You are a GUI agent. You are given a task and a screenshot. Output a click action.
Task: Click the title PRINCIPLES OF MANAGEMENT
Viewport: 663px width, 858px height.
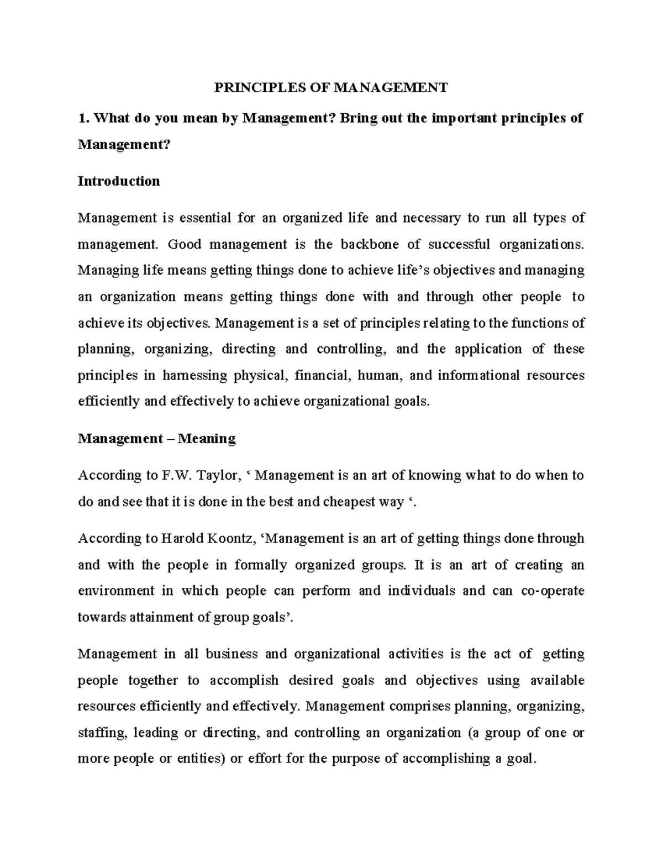point(330,87)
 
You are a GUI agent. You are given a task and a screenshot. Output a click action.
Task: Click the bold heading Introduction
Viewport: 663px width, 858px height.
point(119,181)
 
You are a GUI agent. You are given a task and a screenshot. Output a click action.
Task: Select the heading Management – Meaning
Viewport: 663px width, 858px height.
point(157,439)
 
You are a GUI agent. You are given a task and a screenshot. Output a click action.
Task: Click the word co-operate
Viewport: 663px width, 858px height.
point(552,591)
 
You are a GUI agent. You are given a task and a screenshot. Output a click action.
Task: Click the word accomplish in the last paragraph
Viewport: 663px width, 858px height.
point(244,680)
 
